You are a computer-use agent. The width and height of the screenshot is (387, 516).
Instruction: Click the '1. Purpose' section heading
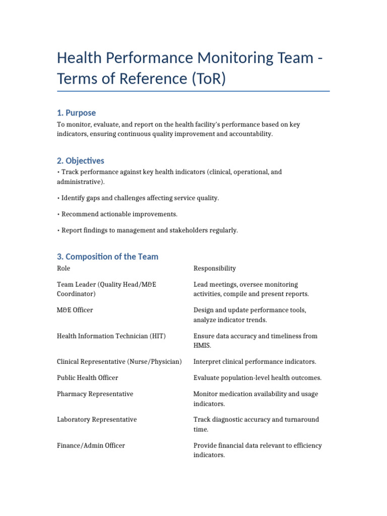[x=76, y=113]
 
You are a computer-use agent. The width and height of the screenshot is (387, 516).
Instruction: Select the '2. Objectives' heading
[x=81, y=161]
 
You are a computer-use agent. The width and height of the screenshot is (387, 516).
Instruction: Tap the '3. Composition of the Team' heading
[x=107, y=256]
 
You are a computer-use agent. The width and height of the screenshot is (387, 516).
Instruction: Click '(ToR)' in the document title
[x=208, y=79]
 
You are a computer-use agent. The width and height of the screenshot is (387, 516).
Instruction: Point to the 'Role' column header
[x=63, y=269]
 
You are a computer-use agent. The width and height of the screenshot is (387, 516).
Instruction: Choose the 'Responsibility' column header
[x=215, y=269]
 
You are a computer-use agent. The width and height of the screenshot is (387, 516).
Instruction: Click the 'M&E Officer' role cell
[x=75, y=310]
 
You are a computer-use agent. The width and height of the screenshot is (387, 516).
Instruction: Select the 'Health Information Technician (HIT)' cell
[x=111, y=336]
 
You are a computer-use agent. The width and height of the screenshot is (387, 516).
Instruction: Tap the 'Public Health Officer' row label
[x=88, y=378]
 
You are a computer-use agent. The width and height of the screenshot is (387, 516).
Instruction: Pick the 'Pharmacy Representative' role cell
[x=95, y=394]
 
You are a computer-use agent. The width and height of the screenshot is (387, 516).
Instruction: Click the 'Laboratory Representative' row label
[x=97, y=420]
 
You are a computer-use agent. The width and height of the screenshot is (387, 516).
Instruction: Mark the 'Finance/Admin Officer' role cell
[x=91, y=445]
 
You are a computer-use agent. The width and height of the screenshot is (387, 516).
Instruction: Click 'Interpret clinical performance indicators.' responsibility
[x=255, y=362]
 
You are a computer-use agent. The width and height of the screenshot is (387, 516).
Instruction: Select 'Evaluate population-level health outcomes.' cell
[x=257, y=378]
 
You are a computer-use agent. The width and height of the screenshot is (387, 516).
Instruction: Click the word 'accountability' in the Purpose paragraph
[x=251, y=135]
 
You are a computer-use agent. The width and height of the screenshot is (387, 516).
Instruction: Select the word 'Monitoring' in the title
[x=229, y=58]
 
